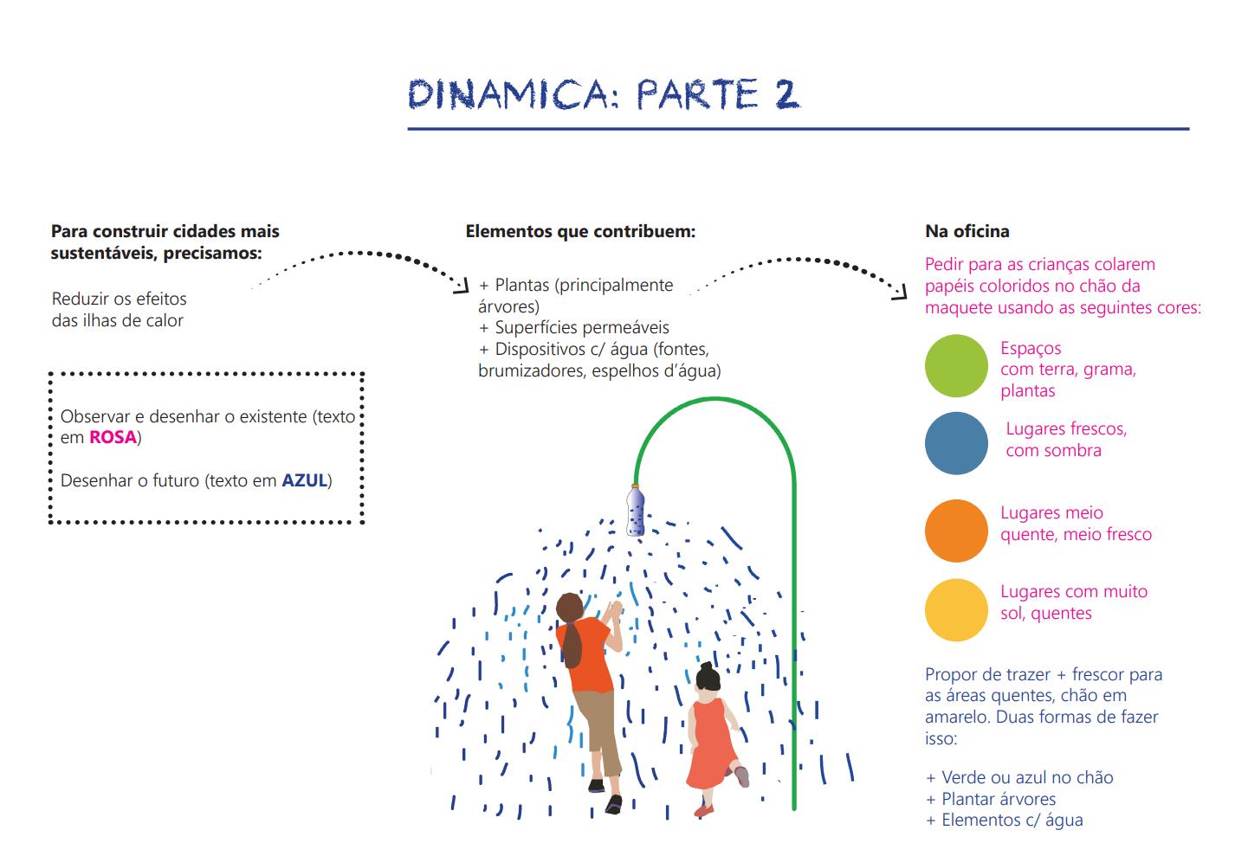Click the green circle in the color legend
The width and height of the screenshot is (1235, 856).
click(956, 366)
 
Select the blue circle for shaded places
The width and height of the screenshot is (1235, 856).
click(956, 443)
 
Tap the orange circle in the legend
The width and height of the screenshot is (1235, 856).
click(956, 531)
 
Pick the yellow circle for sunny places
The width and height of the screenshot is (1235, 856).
click(956, 609)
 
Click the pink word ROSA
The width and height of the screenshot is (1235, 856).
click(113, 438)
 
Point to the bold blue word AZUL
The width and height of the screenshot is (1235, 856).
click(304, 481)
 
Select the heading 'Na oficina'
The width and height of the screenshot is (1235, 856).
click(967, 232)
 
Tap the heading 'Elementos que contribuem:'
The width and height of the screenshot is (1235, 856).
click(580, 232)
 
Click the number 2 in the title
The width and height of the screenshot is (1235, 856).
click(786, 94)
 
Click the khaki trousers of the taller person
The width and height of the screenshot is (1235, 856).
click(599, 727)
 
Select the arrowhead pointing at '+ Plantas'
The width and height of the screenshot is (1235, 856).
click(462, 285)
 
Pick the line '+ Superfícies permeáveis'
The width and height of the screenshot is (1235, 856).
click(573, 328)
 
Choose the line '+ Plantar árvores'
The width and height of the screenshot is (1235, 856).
click(991, 799)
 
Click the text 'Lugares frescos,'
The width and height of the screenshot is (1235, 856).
click(1066, 429)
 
